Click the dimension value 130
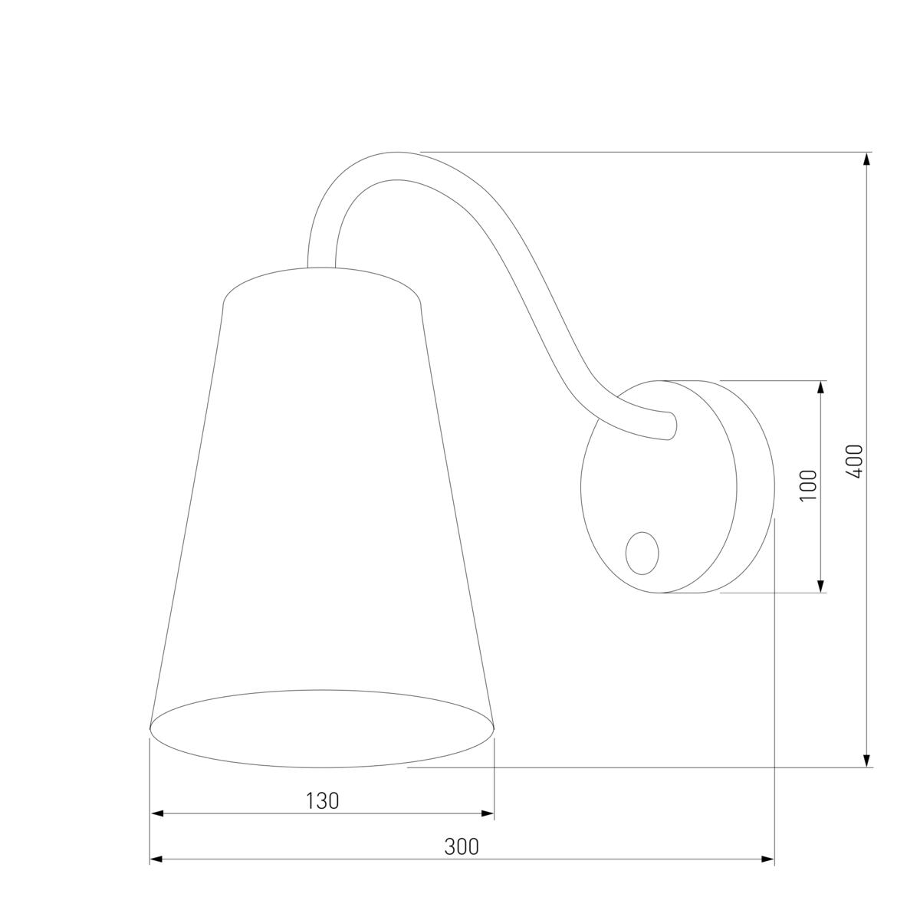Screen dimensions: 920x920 [x=322, y=801]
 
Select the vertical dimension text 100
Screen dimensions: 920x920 [x=809, y=485]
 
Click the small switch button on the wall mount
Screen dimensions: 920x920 [x=642, y=554]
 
